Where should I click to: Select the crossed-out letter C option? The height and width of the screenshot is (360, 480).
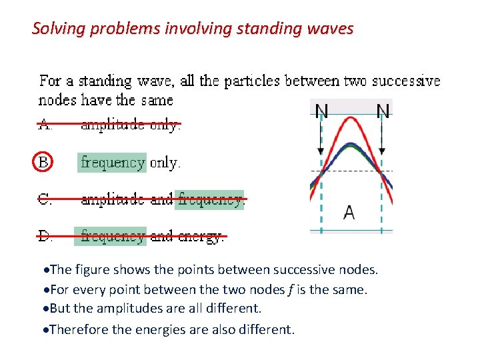(x=45, y=199)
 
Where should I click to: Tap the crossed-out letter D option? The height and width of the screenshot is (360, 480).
(x=45, y=236)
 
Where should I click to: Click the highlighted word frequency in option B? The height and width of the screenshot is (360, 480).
(x=112, y=163)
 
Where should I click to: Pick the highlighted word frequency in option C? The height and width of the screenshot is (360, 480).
(x=210, y=199)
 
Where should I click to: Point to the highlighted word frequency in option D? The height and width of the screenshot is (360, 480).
(x=112, y=236)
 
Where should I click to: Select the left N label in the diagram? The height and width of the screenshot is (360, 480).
(x=321, y=111)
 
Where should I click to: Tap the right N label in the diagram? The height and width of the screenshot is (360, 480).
(x=383, y=111)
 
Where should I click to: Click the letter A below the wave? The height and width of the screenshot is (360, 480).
(x=349, y=213)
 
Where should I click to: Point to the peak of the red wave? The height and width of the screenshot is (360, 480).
(x=351, y=119)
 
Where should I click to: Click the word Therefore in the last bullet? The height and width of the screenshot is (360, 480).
(x=76, y=329)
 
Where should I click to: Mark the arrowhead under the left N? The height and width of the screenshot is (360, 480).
(x=321, y=151)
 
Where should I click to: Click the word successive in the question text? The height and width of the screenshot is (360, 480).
(x=406, y=81)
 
